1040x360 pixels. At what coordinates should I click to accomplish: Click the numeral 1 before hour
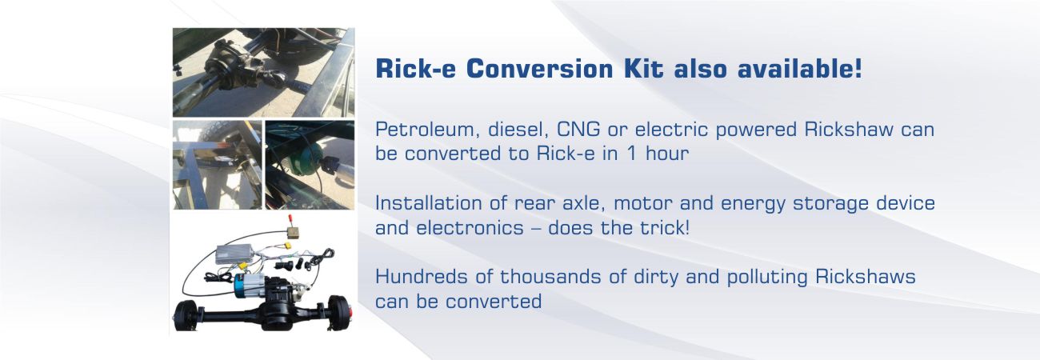pos(631,154)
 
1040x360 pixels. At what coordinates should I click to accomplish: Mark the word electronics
pos(470,228)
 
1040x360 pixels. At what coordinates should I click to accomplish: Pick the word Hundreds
pos(421,277)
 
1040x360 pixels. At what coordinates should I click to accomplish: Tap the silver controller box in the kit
pos(234,254)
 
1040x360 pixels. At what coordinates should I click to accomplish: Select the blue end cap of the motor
pos(241,284)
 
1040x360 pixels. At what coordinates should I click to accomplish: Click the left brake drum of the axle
pos(186,315)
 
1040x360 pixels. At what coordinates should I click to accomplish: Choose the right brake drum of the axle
pos(338,310)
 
